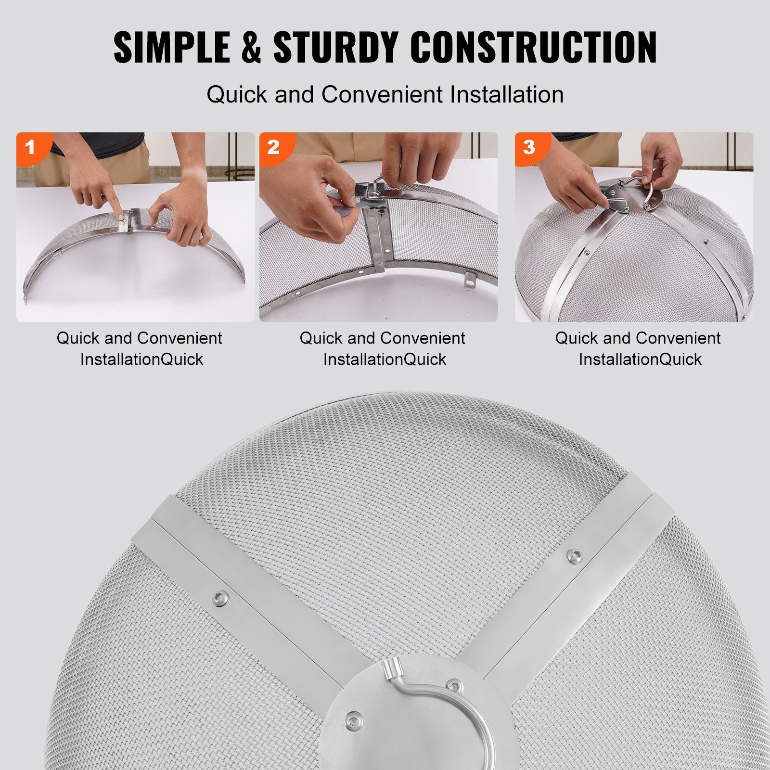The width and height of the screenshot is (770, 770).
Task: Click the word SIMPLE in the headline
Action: (x=172, y=47)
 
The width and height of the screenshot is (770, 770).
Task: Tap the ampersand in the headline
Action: (x=251, y=47)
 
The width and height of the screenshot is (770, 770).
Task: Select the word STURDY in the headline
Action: (x=336, y=47)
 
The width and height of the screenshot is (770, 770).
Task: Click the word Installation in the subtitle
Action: (x=507, y=94)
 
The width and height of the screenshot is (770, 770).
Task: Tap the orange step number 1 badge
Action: (x=30, y=147)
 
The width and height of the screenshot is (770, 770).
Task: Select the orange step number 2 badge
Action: (x=273, y=147)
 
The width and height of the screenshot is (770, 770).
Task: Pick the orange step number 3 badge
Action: (x=529, y=147)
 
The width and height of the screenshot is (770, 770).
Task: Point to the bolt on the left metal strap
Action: (x=220, y=599)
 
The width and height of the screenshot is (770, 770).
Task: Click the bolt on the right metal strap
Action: (x=574, y=556)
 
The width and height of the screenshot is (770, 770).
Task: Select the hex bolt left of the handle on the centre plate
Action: (x=354, y=720)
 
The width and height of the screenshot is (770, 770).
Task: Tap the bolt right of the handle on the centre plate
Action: (x=454, y=686)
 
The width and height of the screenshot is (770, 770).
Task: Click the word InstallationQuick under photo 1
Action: (x=141, y=359)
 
